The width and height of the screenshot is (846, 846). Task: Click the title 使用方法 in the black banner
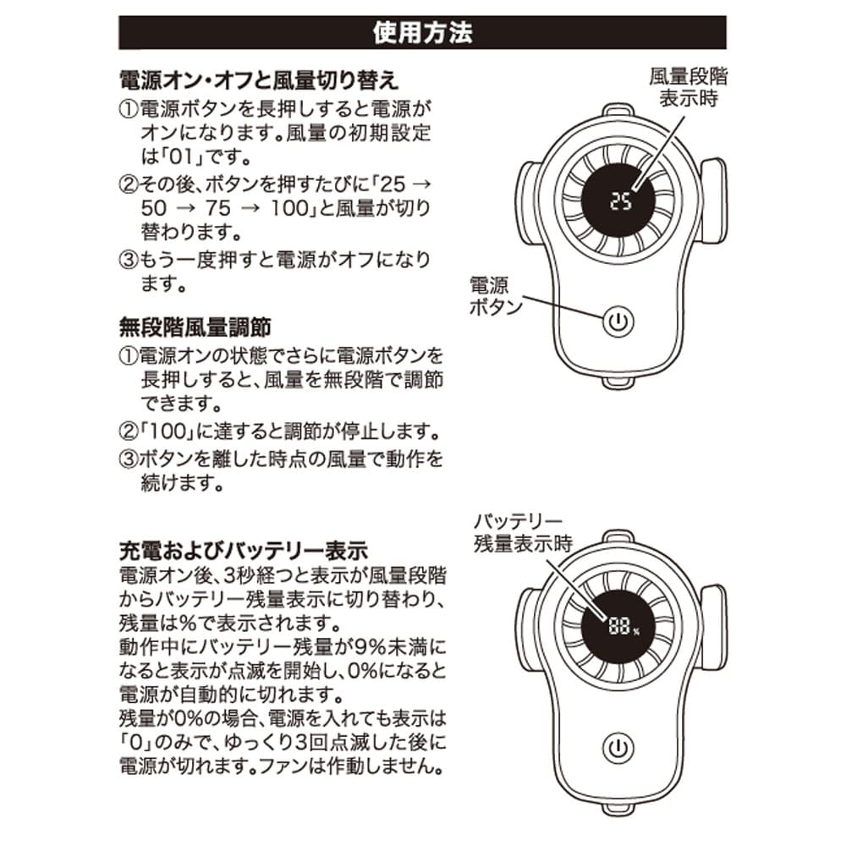[x=422, y=33]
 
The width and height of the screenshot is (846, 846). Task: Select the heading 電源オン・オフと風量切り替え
[x=258, y=80]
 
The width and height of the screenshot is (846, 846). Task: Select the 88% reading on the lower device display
[x=622, y=627]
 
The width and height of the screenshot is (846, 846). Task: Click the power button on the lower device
[x=619, y=748]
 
